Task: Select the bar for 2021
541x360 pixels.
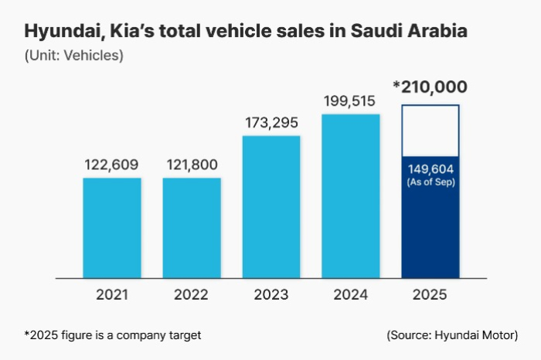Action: coord(112,227)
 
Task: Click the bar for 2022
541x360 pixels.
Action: coord(192,227)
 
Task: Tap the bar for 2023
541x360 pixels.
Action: coord(271,206)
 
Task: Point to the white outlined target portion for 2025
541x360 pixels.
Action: coord(430,130)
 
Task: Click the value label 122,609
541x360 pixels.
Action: coord(112,165)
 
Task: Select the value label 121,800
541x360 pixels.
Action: coord(192,165)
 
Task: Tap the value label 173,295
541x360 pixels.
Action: coord(271,123)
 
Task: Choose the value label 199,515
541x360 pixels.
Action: coord(351,100)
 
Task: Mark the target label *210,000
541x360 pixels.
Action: coord(430,87)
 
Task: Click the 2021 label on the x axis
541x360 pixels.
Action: coord(112,294)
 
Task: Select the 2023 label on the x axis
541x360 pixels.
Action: coord(271,294)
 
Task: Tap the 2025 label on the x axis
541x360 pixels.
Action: coord(430,294)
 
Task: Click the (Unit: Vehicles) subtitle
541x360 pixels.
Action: coord(73,56)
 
